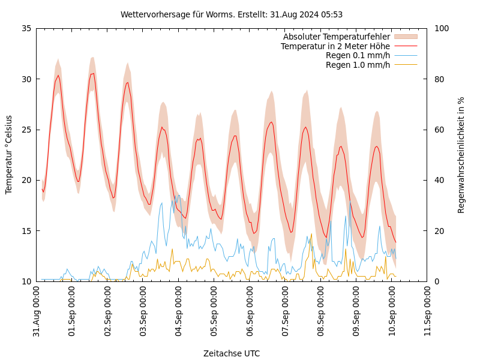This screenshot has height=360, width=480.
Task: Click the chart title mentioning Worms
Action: point(232,14)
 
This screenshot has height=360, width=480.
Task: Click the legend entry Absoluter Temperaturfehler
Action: point(336,37)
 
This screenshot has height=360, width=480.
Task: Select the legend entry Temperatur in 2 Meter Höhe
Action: point(335,46)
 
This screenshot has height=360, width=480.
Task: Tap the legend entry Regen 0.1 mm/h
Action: point(358,55)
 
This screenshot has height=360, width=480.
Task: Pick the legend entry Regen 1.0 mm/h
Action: point(358,65)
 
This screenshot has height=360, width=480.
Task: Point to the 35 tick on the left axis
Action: point(26,28)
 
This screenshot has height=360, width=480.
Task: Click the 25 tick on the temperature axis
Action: point(26,130)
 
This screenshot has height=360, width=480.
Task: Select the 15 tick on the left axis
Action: point(26,231)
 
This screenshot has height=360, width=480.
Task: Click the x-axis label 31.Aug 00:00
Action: point(37,311)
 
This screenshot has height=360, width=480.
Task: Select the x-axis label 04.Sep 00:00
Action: point(179,311)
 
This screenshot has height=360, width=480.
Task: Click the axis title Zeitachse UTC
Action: point(232,353)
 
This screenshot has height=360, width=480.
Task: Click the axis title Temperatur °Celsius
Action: point(9,155)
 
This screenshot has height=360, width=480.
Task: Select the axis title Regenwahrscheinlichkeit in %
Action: point(461,155)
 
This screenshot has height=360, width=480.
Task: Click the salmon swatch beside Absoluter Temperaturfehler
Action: point(405,37)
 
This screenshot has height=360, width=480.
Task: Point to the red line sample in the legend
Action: point(405,46)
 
